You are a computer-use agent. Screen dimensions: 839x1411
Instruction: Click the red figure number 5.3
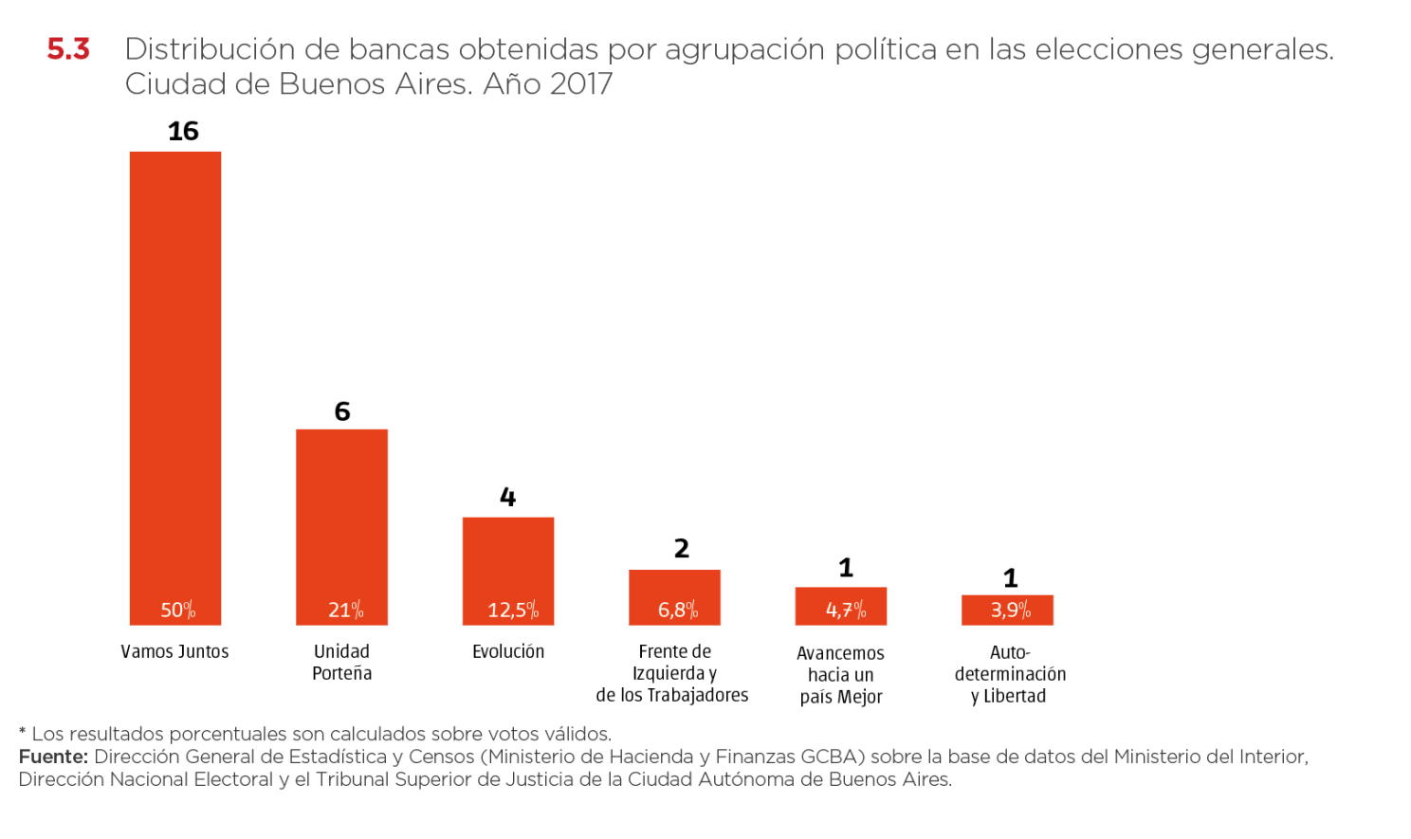(x=68, y=49)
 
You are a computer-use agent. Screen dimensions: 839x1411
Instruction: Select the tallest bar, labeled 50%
(x=175, y=379)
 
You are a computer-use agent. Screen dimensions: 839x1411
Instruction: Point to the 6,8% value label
(x=677, y=610)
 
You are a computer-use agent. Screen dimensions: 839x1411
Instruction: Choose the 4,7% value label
(x=845, y=610)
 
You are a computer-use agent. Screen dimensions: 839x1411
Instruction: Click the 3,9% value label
(x=1010, y=610)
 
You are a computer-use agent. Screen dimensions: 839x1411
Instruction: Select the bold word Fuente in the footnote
(x=52, y=757)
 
